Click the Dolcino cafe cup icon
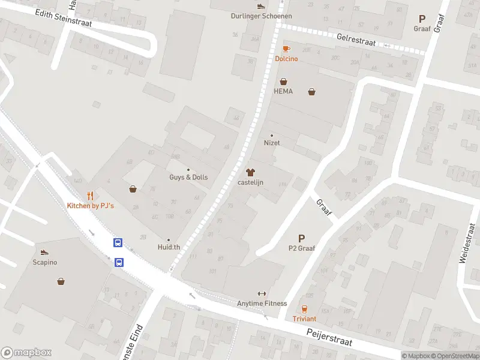tap(286, 49)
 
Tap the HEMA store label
tap(283, 92)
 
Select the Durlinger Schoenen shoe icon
tap(260, 6)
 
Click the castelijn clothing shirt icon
tap(251, 172)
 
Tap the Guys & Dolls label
tap(188, 178)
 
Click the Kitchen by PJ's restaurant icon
tap(90, 196)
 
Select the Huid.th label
tap(169, 247)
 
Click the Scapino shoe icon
tap(44, 252)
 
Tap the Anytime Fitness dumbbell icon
tap(262, 293)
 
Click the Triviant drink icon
tap(304, 309)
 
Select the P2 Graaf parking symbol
tap(302, 238)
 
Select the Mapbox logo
tap(26, 352)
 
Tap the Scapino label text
tap(44, 262)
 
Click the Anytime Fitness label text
tap(262, 304)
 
